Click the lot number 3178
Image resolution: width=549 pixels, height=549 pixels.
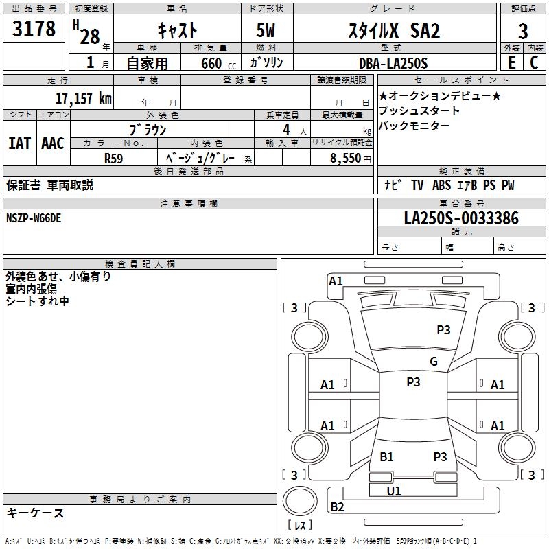tap(34, 28)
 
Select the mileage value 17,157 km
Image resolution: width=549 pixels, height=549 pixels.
tap(84, 99)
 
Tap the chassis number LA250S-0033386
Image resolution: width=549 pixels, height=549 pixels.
tap(461, 218)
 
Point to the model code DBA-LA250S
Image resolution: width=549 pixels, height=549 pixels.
tap(393, 63)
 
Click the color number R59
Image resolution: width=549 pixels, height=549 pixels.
tap(114, 159)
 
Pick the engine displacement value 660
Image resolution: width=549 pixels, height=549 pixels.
tap(211, 63)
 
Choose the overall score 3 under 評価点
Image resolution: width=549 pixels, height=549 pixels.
tap(523, 32)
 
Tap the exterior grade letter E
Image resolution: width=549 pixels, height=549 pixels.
tap(512, 62)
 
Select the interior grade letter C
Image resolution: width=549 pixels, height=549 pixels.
tap(534, 62)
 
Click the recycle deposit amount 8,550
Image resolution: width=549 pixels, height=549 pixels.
tap(346, 159)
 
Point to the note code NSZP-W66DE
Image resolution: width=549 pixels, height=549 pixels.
tap(34, 218)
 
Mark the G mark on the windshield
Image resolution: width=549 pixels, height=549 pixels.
tap(434, 362)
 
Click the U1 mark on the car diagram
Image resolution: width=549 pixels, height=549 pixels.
tap(394, 491)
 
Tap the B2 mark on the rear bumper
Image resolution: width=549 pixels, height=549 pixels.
tap(337, 506)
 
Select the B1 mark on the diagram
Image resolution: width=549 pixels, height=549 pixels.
tap(386, 457)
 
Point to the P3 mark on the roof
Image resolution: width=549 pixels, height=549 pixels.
tap(413, 382)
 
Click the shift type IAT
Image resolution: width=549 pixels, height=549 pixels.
tap(20, 143)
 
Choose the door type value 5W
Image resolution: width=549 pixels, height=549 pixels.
tap(266, 30)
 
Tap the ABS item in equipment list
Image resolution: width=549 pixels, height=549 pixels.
tap(441, 185)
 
